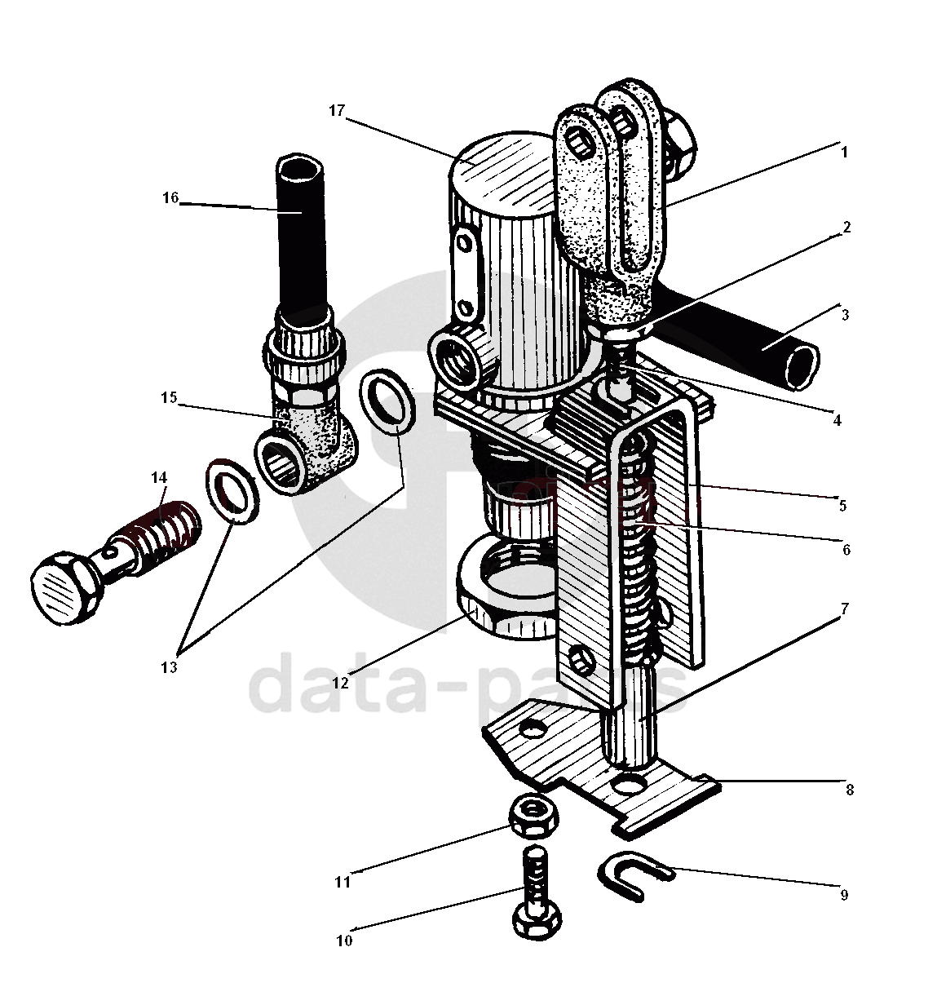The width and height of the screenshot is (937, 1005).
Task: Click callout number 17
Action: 338,111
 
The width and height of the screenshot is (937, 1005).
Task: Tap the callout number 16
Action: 170,198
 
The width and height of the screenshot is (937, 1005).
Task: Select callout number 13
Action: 168,667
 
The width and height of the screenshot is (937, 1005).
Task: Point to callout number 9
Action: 844,895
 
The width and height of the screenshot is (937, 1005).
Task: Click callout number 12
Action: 340,682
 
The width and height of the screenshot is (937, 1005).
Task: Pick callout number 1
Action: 845,153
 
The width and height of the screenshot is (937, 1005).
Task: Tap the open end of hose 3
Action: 800,362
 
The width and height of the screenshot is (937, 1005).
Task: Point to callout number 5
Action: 842,506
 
